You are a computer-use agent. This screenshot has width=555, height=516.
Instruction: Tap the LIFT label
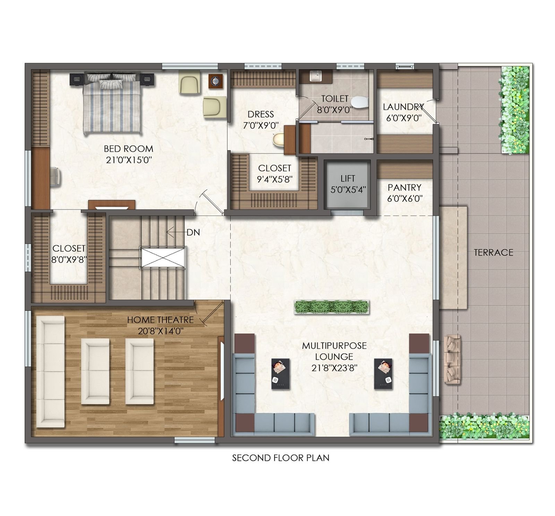[x=348, y=179]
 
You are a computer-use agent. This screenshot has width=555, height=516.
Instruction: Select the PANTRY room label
[x=404, y=188]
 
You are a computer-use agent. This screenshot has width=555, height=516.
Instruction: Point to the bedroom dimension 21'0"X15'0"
[x=129, y=160]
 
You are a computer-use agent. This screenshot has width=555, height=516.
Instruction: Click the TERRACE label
[x=493, y=253]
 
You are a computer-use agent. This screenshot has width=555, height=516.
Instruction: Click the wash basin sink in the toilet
[x=315, y=76]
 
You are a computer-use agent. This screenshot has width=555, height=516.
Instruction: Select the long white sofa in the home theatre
[x=51, y=371]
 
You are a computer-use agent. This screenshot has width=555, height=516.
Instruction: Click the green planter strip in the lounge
[x=332, y=307]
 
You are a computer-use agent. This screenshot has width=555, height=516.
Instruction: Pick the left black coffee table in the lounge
[x=280, y=374]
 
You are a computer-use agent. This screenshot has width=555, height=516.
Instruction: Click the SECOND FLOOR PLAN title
[x=281, y=458]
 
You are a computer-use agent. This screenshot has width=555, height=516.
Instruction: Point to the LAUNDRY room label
[x=403, y=107]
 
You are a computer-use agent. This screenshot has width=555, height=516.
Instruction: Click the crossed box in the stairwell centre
[x=163, y=257]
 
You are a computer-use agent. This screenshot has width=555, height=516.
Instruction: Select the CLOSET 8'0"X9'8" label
[x=69, y=248]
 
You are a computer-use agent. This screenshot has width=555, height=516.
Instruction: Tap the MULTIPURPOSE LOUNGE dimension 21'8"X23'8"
[x=334, y=368]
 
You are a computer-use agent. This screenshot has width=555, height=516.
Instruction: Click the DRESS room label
[x=261, y=114]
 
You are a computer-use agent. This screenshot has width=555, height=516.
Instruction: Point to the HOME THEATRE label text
[x=160, y=320]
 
